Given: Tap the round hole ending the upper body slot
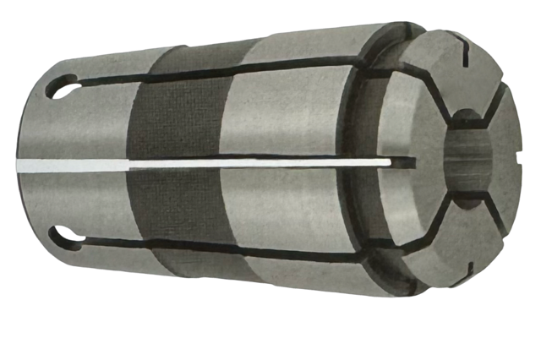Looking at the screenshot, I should [67, 85].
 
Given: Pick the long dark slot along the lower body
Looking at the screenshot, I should [237, 245].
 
